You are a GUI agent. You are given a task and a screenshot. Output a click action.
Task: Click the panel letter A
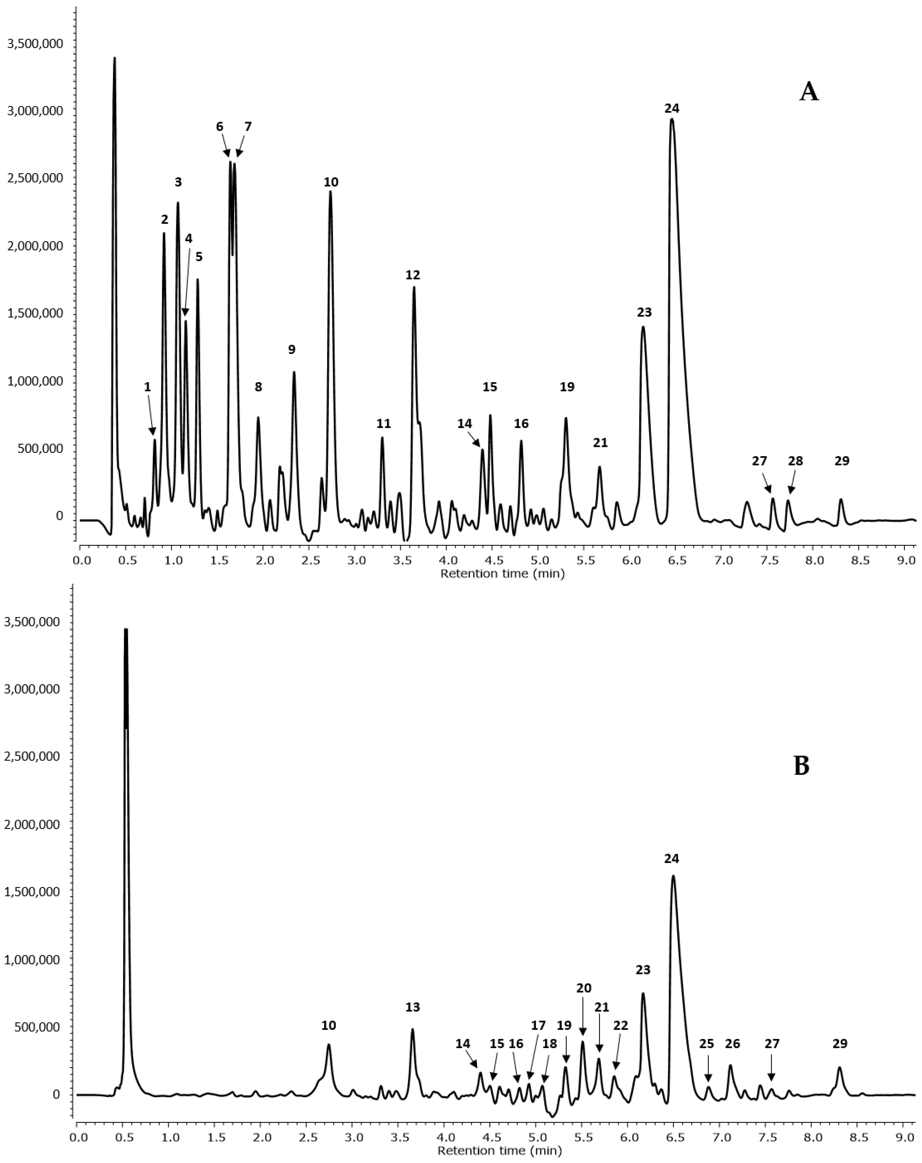(x=809, y=92)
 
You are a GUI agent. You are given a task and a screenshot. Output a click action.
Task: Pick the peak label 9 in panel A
(x=291, y=350)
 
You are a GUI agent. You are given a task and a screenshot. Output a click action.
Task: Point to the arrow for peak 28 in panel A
(x=792, y=484)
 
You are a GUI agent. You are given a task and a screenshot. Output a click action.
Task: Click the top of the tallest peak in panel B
(x=126, y=629)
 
